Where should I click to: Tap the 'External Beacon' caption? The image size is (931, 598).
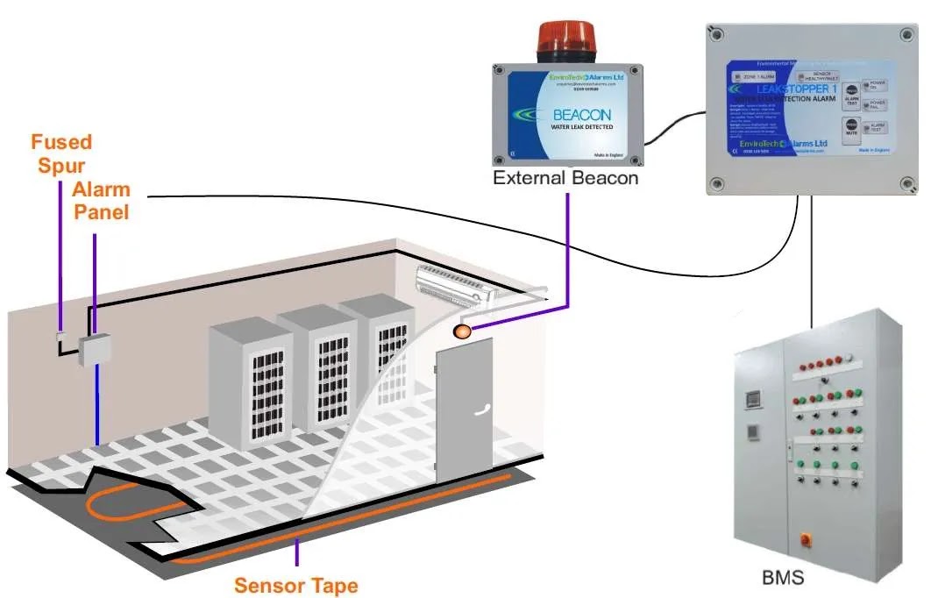[565, 178]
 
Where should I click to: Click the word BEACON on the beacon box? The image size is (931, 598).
[581, 115]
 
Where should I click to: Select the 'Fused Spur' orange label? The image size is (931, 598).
[61, 153]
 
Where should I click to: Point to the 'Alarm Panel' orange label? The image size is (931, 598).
[101, 200]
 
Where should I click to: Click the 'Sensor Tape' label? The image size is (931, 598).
[296, 585]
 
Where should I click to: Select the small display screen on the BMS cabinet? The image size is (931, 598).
[750, 398]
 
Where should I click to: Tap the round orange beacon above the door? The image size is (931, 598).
[462, 331]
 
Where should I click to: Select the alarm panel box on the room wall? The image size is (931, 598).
[94, 351]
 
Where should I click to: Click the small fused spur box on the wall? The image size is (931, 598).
[60, 336]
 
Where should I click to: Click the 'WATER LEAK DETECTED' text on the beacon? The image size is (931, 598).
[583, 128]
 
